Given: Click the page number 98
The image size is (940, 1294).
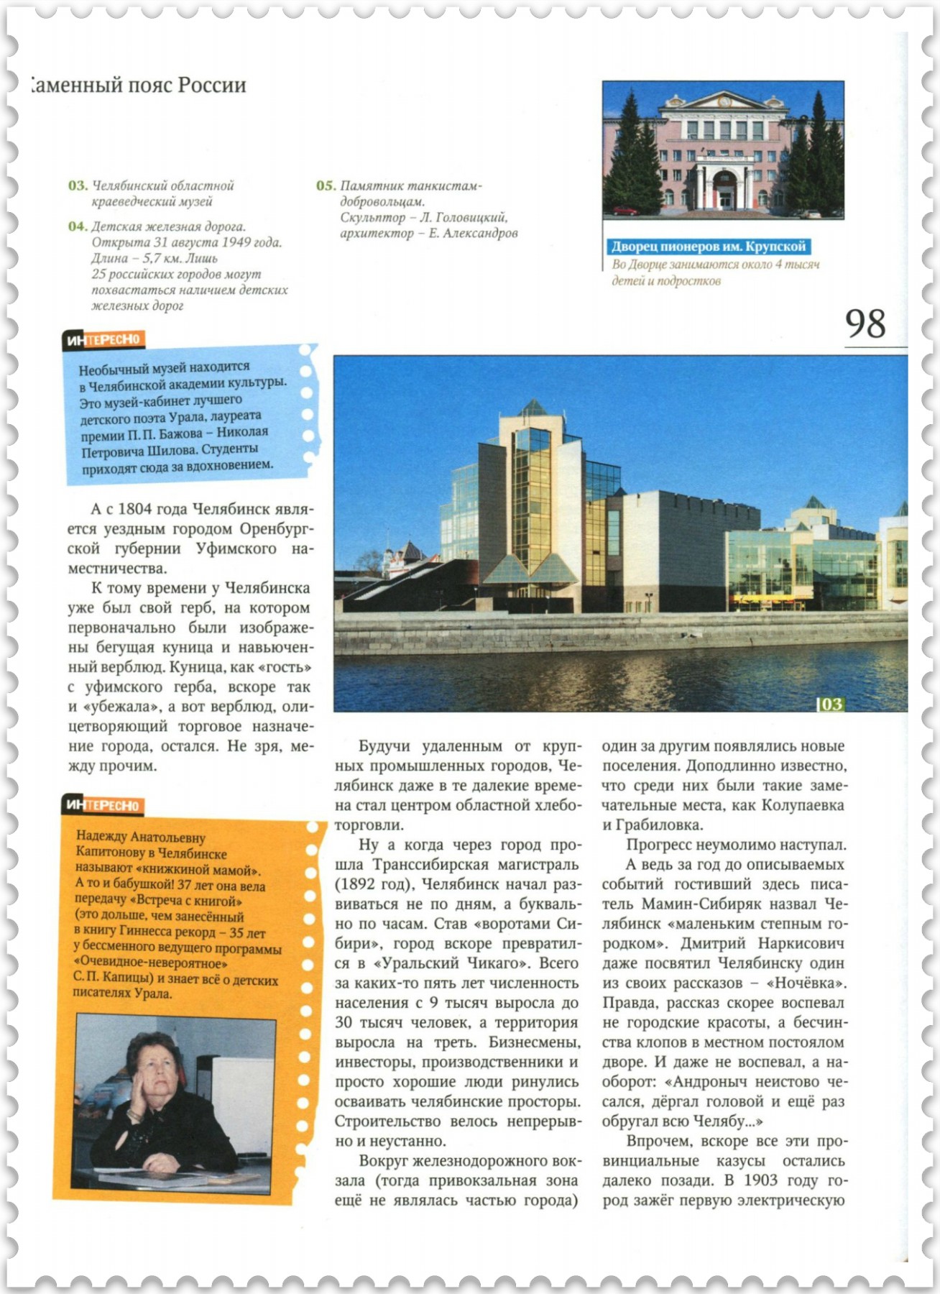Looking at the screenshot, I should click(x=865, y=324).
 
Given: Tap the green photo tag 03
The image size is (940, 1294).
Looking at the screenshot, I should click(x=831, y=704).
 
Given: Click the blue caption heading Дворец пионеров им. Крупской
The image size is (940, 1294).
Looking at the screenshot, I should click(x=708, y=247).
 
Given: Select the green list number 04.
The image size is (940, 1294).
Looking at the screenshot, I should click(x=78, y=227).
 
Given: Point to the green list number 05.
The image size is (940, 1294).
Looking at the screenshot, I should click(x=326, y=185).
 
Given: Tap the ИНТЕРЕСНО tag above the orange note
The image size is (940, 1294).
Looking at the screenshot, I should click(x=103, y=805).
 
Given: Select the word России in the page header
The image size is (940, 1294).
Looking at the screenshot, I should click(x=212, y=85).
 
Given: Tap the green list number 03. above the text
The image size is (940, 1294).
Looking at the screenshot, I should click(x=78, y=185).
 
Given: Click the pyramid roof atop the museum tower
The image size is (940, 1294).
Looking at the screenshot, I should click(x=533, y=408).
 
